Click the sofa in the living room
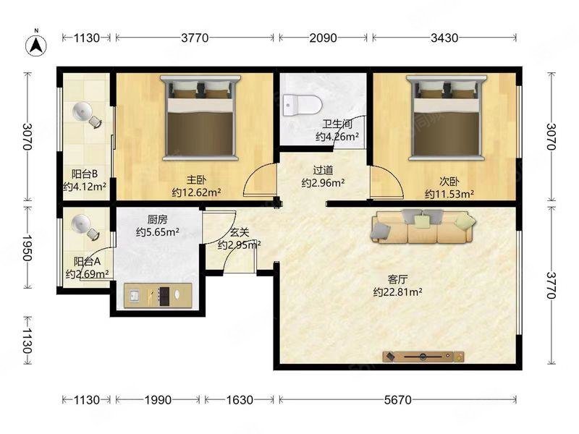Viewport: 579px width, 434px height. coord(423,226)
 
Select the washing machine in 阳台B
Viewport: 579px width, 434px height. coord(86,114)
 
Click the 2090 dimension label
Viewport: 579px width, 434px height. coord(323,38)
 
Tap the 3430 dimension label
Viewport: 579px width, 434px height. coord(444,38)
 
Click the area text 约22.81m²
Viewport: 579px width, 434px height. coord(397,292)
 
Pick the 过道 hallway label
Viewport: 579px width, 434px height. coord(323,171)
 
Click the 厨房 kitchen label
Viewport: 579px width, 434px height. coord(158,220)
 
